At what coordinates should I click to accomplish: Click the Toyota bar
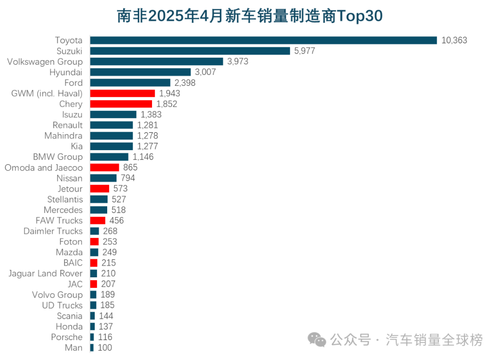263,40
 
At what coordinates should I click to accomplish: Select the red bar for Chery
121,104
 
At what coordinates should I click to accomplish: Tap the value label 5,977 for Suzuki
304,51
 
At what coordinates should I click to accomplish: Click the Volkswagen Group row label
45,61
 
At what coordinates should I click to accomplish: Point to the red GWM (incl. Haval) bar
122,93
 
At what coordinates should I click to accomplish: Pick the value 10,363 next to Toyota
454,40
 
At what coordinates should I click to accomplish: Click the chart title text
249,16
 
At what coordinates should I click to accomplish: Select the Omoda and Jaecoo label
44,168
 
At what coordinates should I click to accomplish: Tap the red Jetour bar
99,189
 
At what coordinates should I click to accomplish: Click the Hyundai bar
140,72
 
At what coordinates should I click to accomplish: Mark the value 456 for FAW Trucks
116,220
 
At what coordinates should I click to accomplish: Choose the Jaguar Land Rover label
45,274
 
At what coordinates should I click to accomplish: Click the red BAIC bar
94,263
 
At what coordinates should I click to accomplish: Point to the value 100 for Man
104,348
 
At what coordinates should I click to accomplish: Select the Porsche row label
67,337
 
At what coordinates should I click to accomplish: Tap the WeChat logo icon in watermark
317,341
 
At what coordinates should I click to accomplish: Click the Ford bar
130,83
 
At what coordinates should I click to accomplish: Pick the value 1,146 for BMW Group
143,157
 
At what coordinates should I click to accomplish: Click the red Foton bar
94,242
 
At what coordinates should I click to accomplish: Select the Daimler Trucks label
53,231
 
